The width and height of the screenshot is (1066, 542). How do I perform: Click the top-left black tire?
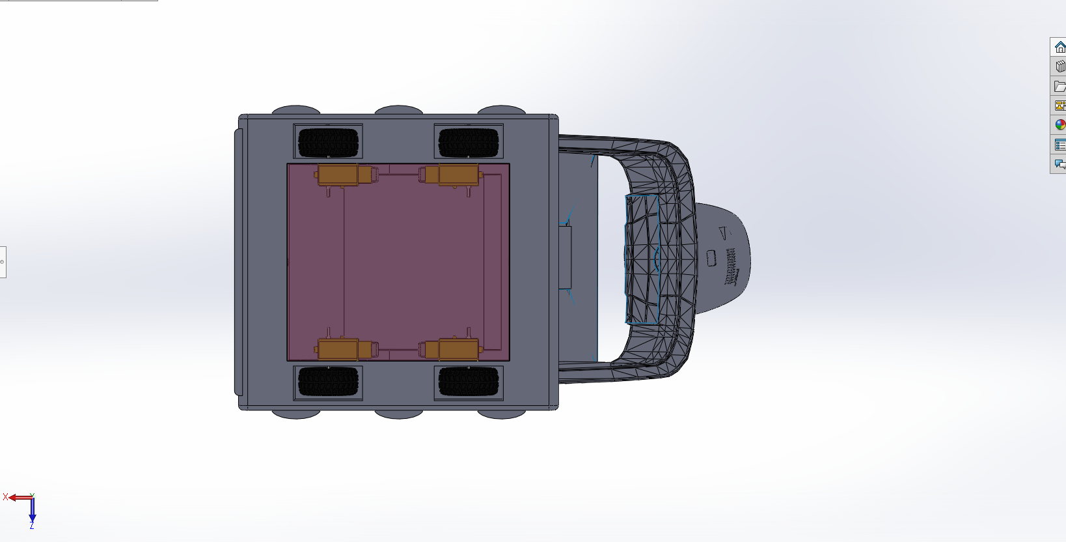click(328, 143)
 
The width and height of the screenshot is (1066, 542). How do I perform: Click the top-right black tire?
click(469, 143)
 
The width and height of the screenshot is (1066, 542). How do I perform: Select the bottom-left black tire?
click(328, 382)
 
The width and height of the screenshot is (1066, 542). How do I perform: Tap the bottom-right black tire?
click(469, 382)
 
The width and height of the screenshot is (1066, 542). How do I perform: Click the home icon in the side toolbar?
click(1059, 47)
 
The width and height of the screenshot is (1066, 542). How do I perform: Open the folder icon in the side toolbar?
click(1059, 86)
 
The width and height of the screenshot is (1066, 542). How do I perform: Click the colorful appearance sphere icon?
click(1059, 125)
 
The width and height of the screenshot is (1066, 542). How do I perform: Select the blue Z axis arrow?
click(32, 511)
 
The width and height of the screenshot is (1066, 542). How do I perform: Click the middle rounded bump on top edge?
click(398, 109)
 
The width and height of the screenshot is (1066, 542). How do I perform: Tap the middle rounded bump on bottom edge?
click(398, 414)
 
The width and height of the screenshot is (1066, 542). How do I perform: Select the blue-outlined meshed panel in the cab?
click(642, 259)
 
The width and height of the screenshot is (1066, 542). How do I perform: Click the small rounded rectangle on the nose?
click(711, 259)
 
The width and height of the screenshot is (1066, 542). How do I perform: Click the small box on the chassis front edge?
click(564, 257)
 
